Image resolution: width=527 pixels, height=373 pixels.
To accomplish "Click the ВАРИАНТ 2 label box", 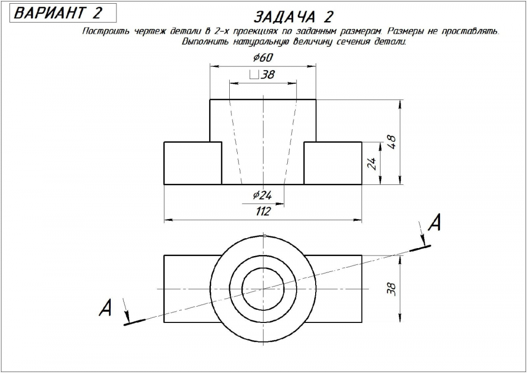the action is (63, 13).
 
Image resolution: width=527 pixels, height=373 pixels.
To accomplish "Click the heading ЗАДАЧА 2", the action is (294, 17).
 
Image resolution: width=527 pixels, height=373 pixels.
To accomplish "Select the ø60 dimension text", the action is (263, 58).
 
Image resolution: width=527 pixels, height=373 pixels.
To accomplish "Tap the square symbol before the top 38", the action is (254, 74).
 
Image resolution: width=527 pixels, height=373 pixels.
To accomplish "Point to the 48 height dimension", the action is (392, 142).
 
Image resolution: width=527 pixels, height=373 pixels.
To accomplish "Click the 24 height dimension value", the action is (372, 163).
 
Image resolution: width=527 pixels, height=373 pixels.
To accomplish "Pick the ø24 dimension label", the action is (262, 195).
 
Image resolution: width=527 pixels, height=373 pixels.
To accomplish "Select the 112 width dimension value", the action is (263, 211).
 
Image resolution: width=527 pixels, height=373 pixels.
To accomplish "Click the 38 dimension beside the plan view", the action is (392, 289).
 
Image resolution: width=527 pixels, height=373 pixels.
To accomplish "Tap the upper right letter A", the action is (434, 222).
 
